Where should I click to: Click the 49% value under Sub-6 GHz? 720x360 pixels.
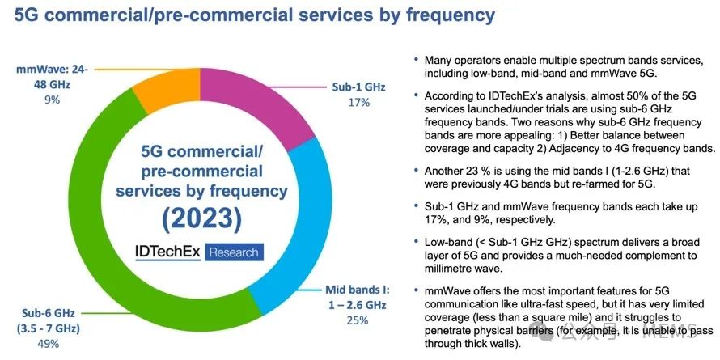pos(48,344)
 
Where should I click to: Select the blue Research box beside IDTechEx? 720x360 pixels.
pos(234,252)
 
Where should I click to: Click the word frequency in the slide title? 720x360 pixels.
pos(438,16)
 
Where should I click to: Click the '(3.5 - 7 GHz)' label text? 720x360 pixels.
pos(51,327)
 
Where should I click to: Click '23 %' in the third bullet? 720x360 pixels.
pos(481,172)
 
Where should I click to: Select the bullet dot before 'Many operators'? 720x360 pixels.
pos(415,61)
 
